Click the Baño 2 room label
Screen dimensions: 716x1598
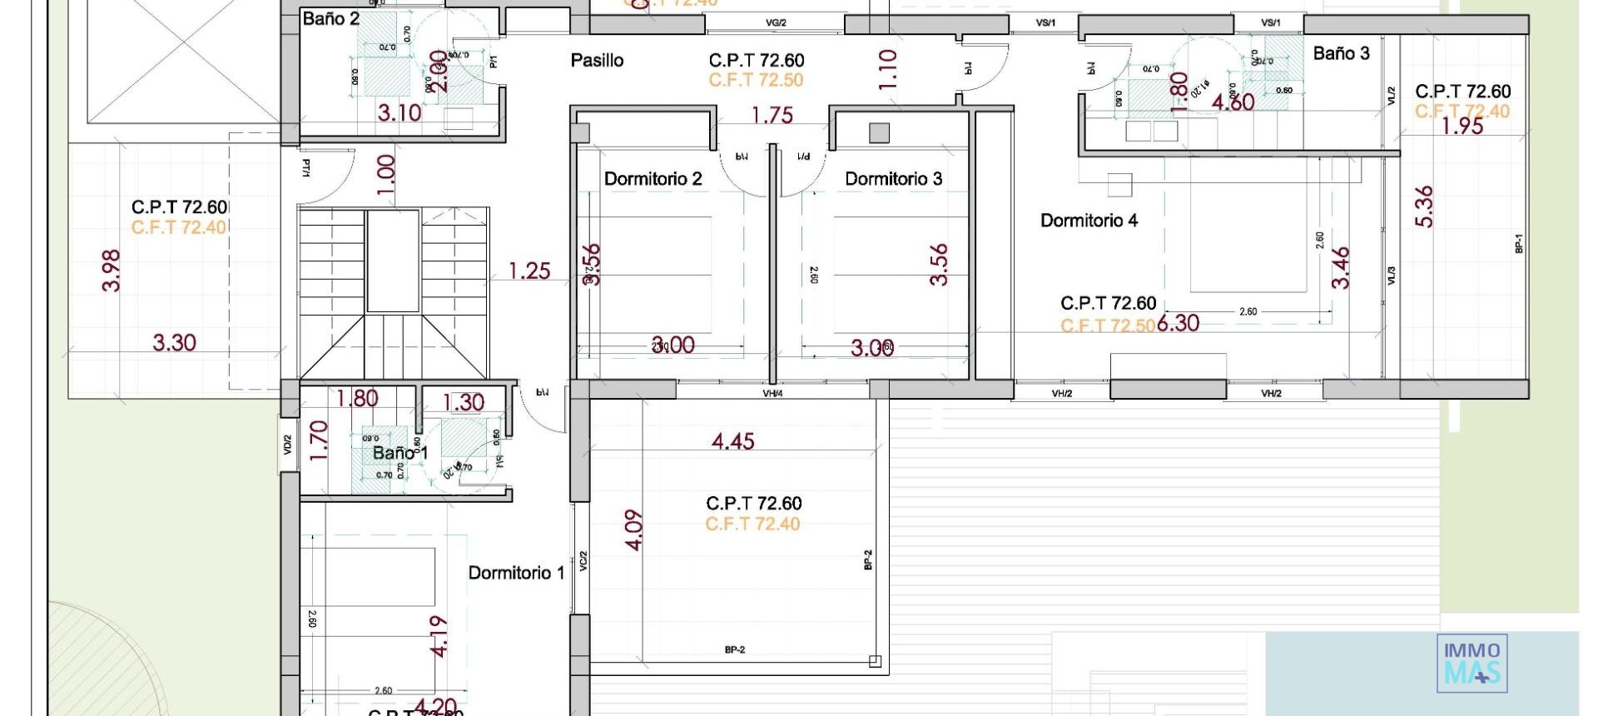coord(330,19)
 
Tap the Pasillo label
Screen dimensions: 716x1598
coord(597,60)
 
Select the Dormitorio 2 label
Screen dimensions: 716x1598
coord(653,179)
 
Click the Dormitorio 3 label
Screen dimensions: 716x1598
coord(893,179)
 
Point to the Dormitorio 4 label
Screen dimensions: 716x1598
coord(1089,221)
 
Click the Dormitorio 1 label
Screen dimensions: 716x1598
coord(516,573)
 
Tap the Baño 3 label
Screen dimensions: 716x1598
coord(1341,53)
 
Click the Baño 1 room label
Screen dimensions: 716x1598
coord(399,453)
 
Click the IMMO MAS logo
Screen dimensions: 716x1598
coord(1471,663)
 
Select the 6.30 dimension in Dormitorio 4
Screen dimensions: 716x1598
coord(1179,323)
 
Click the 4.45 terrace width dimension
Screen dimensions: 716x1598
coord(732,441)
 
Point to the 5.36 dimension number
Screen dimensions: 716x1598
coord(1424,206)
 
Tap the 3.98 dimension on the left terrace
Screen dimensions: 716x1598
coord(112,271)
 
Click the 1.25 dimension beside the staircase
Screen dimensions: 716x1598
coord(529,271)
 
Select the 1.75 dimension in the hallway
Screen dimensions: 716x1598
coord(772,115)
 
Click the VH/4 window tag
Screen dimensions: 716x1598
coord(772,393)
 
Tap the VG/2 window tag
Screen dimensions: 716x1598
coord(776,23)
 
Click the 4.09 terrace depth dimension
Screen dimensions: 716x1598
coord(634,530)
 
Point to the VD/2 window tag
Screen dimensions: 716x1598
coord(288,445)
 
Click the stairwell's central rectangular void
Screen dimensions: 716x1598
coord(393,261)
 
